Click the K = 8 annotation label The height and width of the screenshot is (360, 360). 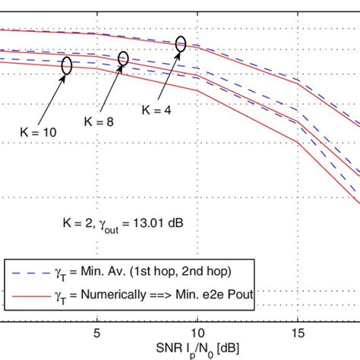click(99, 121)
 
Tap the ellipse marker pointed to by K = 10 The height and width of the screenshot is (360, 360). click(66, 66)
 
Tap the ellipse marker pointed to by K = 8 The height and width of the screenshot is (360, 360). click(124, 58)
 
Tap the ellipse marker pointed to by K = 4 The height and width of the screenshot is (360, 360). click(181, 44)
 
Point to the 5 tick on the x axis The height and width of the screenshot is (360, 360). click(97, 312)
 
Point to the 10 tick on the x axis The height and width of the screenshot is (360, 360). click(197, 312)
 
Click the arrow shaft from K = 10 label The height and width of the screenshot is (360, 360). click(51, 100)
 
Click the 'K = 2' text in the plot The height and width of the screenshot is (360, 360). click(76, 223)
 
